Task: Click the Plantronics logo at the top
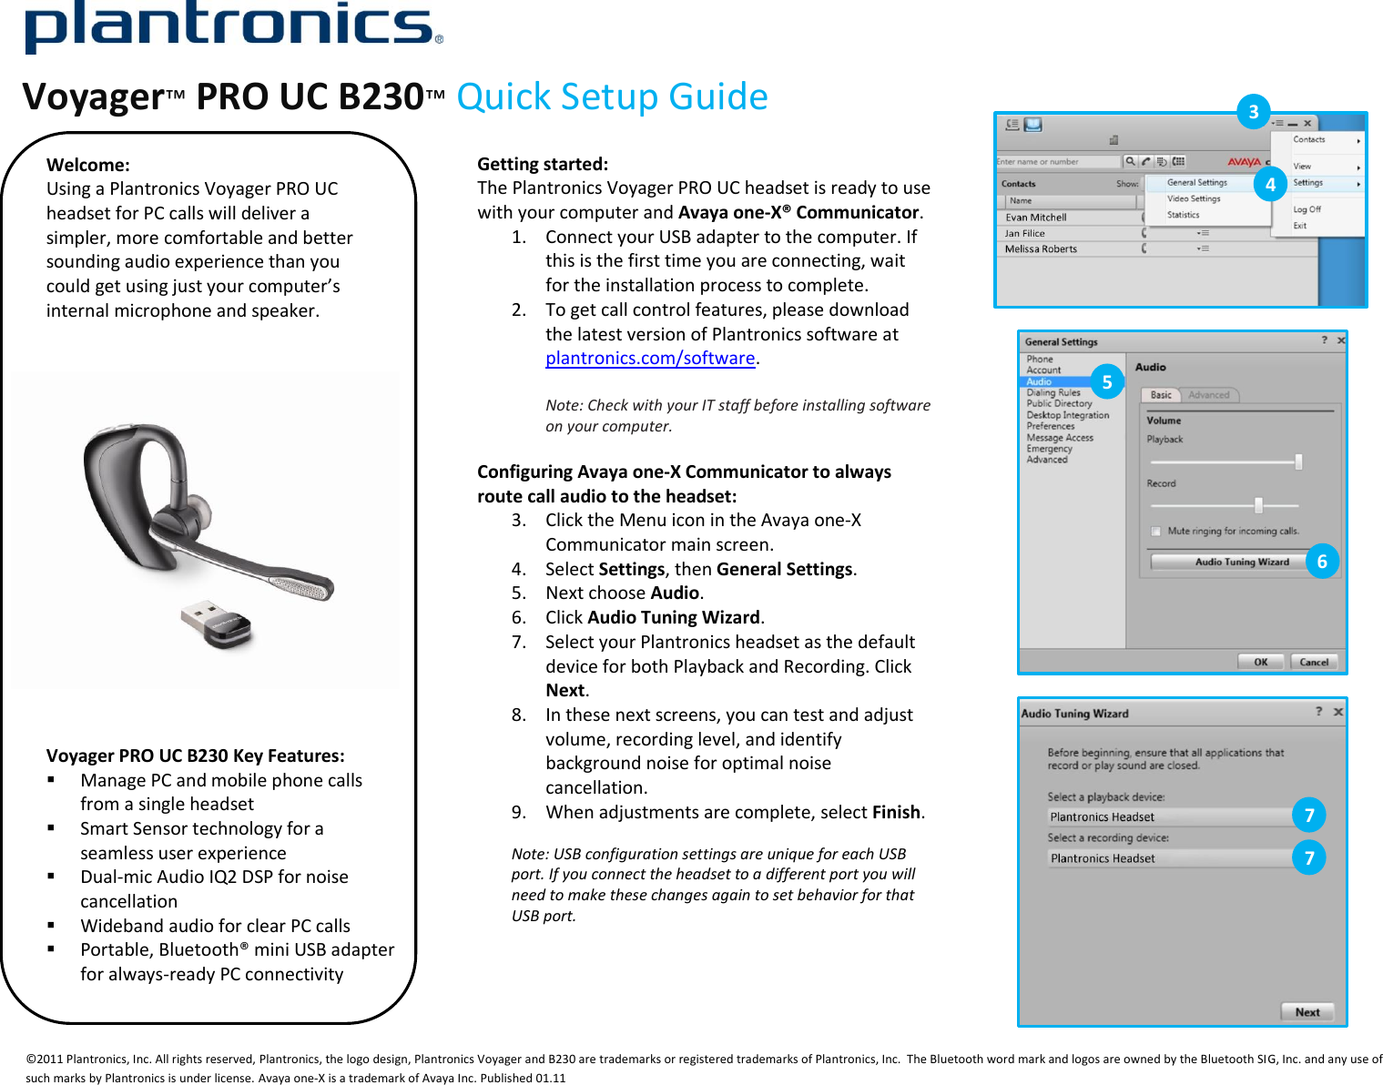233,27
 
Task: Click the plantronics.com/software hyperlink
650,359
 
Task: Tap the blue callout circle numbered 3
1254,112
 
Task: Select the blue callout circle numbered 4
1270,185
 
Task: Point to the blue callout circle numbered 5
1107,382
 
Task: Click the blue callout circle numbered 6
1322,562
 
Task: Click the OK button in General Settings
1260,662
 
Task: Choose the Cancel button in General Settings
1313,662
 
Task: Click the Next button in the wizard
1307,1012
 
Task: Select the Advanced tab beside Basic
1208,395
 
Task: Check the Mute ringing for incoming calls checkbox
1155,532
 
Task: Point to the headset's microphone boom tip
310,587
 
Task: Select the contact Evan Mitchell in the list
1035,218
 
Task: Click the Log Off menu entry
1307,209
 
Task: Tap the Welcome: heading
88,165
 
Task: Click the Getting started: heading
543,164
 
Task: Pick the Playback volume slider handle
1298,461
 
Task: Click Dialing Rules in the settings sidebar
1053,393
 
